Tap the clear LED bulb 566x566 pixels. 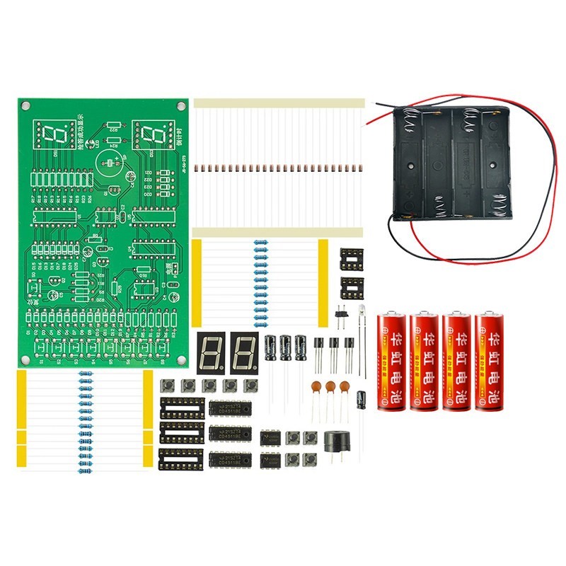(x=361, y=312)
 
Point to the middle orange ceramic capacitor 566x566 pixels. (x=330, y=386)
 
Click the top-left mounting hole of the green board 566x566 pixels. (x=26, y=106)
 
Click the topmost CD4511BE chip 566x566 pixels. (x=230, y=409)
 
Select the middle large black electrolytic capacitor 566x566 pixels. (x=286, y=347)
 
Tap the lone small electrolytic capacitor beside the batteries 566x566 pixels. (x=362, y=400)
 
